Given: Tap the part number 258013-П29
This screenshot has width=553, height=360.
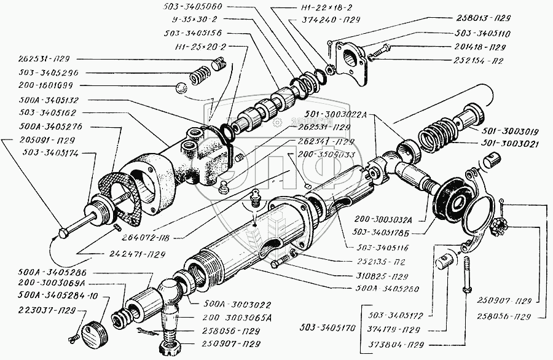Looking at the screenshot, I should pyautogui.click(x=489, y=19).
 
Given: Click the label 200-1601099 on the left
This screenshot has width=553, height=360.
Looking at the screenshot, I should pyautogui.click(x=44, y=87).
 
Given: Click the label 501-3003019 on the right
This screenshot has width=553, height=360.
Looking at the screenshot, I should pyautogui.click(x=514, y=131).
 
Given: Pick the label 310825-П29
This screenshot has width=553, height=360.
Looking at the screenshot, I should pyautogui.click(x=382, y=275).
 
